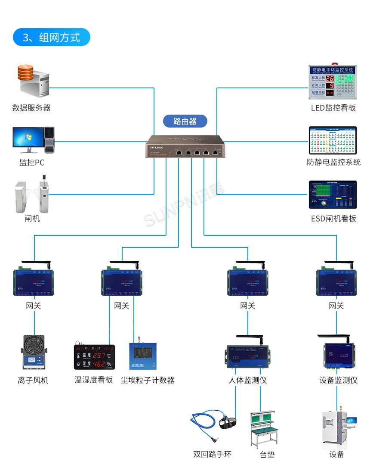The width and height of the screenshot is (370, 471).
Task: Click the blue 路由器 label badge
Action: click(185, 121)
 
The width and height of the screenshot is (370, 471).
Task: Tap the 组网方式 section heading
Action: click(52, 37)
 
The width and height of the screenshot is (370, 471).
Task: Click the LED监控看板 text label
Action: click(333, 108)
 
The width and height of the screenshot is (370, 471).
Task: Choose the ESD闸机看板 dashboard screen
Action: click(333, 195)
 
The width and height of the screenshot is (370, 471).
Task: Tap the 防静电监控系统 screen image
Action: click(333, 140)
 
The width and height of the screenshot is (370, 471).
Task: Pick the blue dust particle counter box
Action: click(142, 356)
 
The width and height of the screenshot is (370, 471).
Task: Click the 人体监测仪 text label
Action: click(247, 380)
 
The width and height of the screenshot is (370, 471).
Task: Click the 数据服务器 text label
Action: click(31, 108)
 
